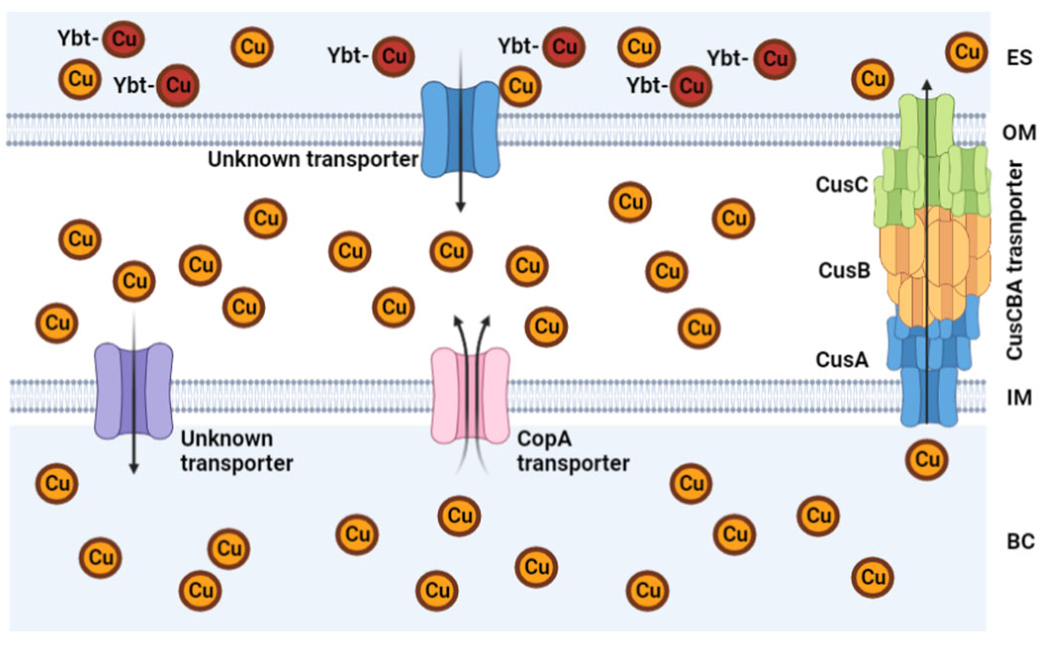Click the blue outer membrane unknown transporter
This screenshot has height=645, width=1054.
click(459, 130)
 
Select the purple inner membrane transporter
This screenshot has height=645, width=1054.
click(133, 391)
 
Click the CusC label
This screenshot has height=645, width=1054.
click(841, 184)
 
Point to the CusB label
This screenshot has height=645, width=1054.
click(844, 271)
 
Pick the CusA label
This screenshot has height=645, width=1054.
click(842, 360)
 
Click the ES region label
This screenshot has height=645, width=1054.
click(1019, 58)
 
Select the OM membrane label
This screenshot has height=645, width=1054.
click(1019, 133)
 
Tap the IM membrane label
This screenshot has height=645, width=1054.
click(1019, 397)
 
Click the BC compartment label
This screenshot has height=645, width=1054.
click(1020, 542)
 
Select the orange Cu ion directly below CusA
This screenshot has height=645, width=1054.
click(926, 459)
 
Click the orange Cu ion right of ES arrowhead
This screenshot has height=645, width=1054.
click(966, 52)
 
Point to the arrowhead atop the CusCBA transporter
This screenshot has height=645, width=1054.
click(927, 83)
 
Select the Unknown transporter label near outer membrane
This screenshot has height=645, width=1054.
click(313, 159)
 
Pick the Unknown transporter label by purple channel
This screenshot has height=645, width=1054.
click(236, 451)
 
